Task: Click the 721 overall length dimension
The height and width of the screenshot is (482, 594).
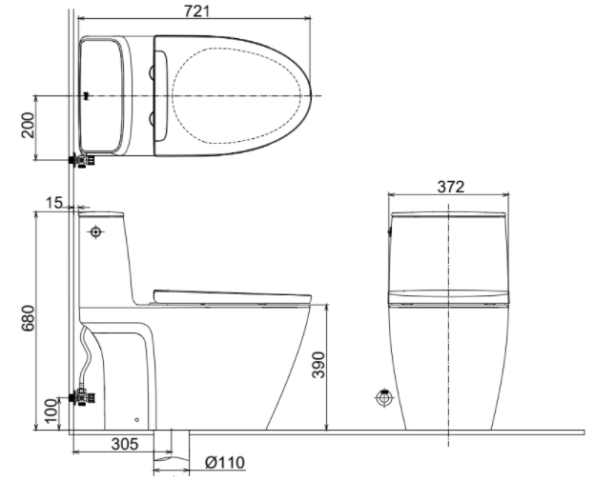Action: (194, 10)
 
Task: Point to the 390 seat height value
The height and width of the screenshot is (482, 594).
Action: (344, 366)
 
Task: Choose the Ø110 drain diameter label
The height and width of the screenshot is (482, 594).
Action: (225, 463)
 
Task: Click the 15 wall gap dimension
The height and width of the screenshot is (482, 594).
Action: (52, 203)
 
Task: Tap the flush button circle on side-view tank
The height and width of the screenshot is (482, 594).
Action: (95, 231)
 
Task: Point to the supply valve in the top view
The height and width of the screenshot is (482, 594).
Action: (82, 160)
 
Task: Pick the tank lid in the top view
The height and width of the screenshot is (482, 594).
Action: (102, 95)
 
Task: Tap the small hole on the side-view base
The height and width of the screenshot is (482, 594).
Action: (135, 419)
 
